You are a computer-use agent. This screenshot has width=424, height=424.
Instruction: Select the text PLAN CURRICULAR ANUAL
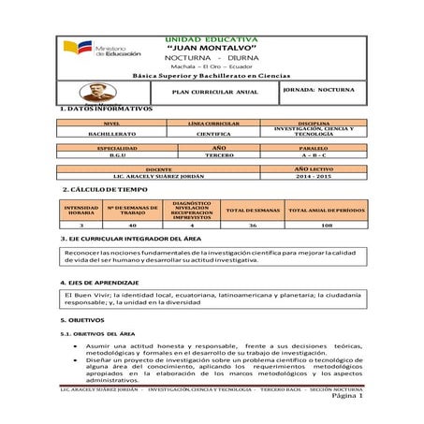click(216, 93)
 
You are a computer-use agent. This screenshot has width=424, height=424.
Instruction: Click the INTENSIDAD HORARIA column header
click(81, 211)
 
